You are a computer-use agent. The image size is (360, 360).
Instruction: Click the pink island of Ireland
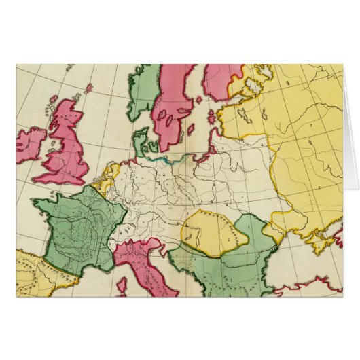(x=31, y=144)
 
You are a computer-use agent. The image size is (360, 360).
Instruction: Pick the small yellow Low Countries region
(x=107, y=178)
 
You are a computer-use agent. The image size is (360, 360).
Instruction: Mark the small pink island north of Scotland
(x=88, y=88)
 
